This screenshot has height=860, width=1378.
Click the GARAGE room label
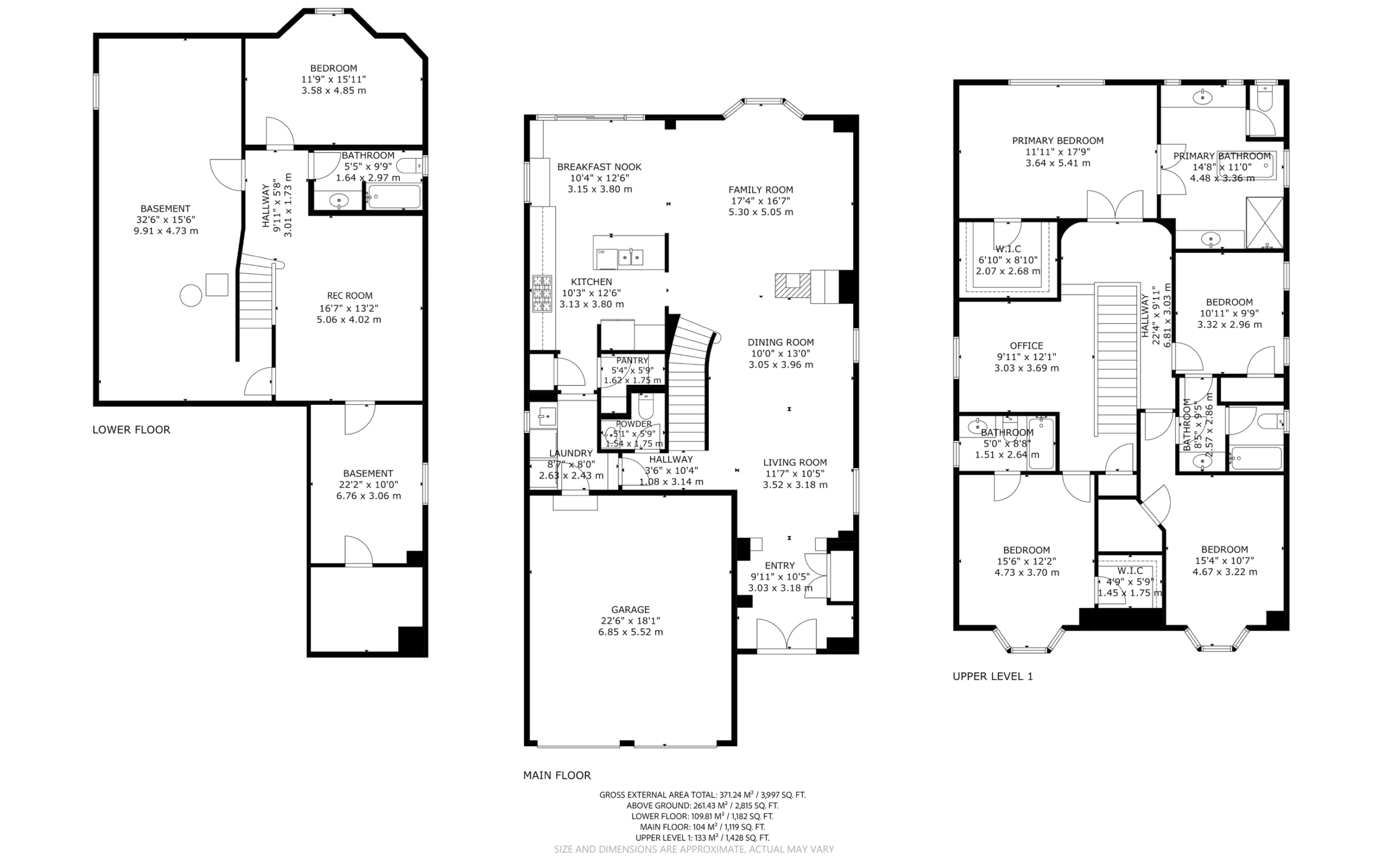tap(630, 609)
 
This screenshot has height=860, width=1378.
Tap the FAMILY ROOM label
tap(761, 189)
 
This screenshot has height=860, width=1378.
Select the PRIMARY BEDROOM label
tap(1057, 140)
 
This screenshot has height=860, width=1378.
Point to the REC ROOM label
tap(350, 296)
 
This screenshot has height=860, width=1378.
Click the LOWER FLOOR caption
tap(131, 429)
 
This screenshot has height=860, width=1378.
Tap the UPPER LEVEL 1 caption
tap(993, 676)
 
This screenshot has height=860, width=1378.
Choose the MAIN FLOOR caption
tap(557, 774)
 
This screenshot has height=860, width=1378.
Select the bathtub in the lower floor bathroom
tap(393, 197)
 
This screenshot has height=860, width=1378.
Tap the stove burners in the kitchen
tap(542, 293)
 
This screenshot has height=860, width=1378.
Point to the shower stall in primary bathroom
tap(1264, 223)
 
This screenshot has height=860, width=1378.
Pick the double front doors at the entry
tap(786, 633)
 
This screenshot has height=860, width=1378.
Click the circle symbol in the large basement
tap(191, 296)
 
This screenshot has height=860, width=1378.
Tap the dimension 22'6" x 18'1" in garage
tap(630, 621)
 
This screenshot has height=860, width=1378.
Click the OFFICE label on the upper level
tap(1026, 346)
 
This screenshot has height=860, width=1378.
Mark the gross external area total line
tap(702, 794)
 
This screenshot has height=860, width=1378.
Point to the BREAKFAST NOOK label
tap(600, 167)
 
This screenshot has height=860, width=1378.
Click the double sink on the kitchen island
tap(631, 258)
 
